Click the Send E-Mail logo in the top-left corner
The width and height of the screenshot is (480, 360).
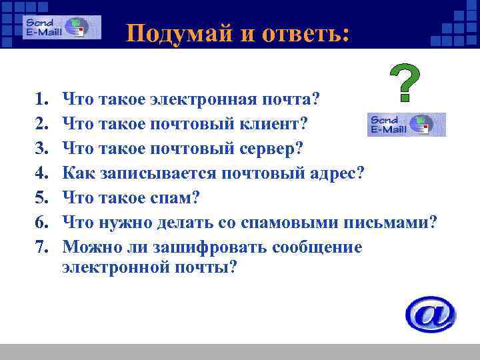62,27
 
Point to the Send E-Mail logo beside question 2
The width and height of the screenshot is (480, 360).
406,124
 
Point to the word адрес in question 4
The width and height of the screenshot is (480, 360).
333,173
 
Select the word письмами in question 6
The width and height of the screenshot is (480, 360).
393,223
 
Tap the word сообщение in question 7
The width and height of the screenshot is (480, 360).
319,247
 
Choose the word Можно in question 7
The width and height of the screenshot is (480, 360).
86,247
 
